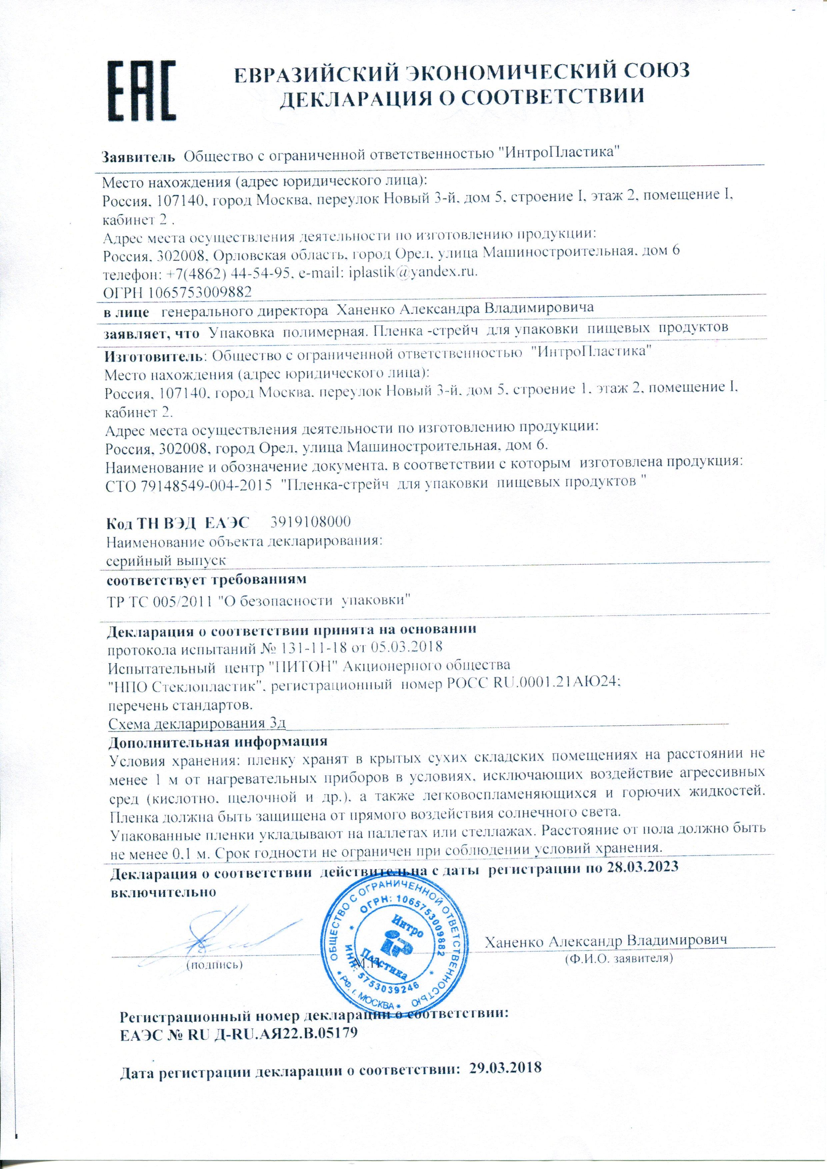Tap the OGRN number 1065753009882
click(x=198, y=292)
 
